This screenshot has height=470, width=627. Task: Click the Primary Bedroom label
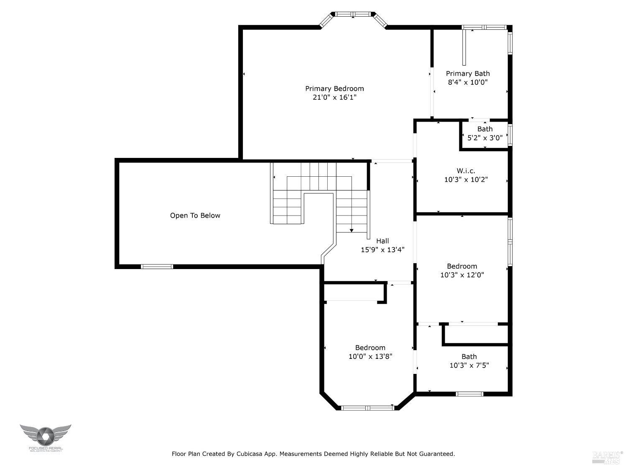coord(334,89)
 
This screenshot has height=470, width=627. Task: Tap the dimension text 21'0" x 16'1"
coord(334,97)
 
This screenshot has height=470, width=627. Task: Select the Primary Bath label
coord(468,74)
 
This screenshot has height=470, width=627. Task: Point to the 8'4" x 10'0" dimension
coord(468,82)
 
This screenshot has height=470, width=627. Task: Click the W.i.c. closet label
coord(466,171)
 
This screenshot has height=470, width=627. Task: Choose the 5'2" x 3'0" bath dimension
coord(485,138)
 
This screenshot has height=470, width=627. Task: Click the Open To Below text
coord(195,216)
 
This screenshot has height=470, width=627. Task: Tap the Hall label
coord(382,241)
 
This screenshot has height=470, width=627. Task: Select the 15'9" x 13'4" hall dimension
coord(382,250)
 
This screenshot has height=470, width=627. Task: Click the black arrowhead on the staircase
coord(352,230)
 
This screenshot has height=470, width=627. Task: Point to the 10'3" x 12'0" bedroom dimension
coord(462,275)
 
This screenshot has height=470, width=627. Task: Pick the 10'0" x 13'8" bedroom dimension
coord(370,356)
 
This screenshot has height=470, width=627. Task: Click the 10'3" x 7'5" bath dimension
coord(469,365)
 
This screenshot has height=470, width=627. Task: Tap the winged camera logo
coord(45,436)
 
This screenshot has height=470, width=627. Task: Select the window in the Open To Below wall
coord(157,266)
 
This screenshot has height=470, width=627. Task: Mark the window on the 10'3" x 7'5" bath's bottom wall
coord(469,394)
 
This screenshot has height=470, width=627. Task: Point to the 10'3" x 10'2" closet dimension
coord(466,180)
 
